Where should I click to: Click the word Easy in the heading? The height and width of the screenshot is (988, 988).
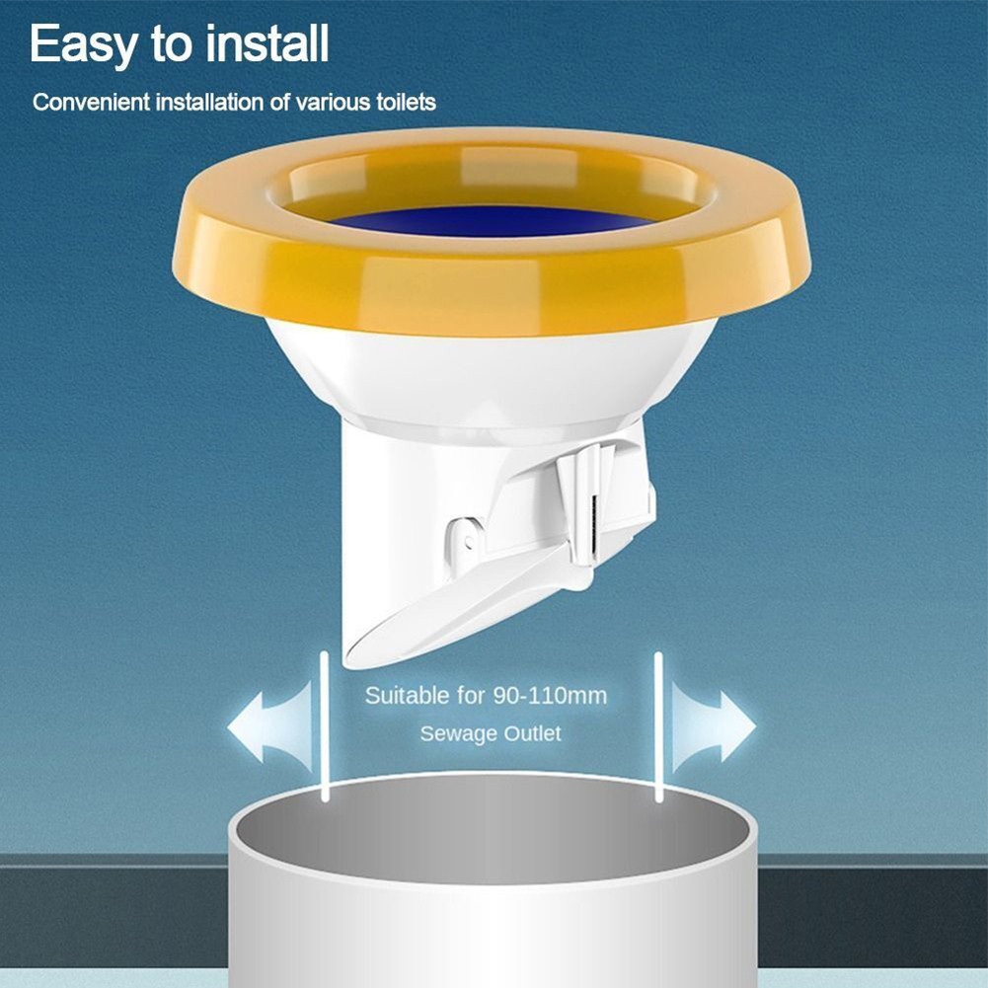(x=83, y=45)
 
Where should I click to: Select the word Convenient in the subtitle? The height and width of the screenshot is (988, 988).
(x=92, y=102)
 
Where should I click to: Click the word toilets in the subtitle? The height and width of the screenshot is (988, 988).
(x=406, y=102)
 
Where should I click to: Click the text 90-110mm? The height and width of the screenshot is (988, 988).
(x=550, y=696)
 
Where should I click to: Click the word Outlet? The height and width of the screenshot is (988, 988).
(x=532, y=733)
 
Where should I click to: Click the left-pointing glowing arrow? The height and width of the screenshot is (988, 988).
(x=271, y=727)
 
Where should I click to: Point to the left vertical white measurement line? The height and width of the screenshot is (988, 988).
(x=325, y=725)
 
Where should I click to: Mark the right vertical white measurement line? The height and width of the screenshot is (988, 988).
(x=658, y=726)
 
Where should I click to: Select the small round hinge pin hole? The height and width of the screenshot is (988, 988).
(x=468, y=541)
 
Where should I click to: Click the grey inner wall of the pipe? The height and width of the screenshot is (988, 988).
(x=493, y=832)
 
